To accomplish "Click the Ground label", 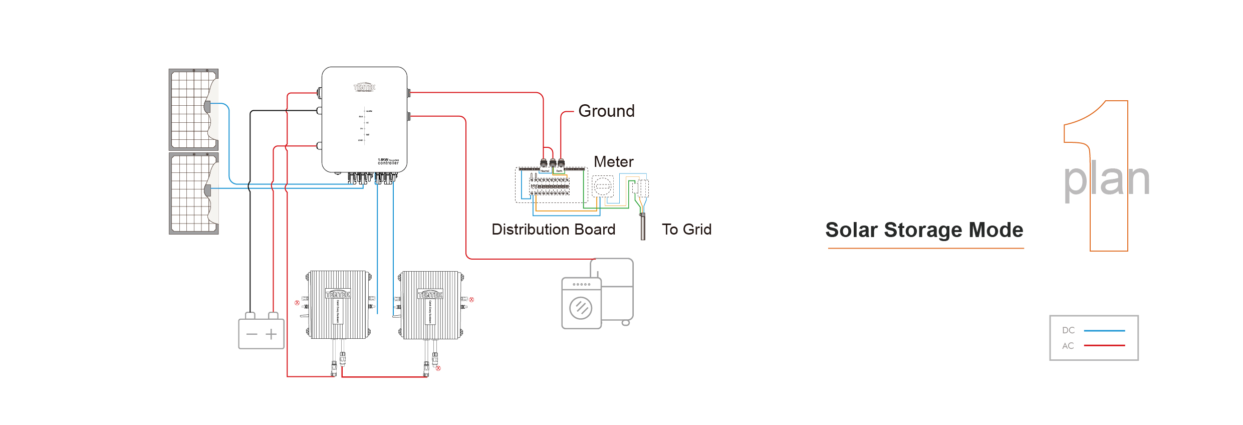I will pyautogui.click(x=606, y=111).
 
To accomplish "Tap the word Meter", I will pyautogui.click(x=613, y=162).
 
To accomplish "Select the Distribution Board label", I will pyautogui.click(x=553, y=229).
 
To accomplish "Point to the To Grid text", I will pyautogui.click(x=686, y=229).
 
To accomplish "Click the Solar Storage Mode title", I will pyautogui.click(x=924, y=230).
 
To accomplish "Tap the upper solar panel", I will pyautogui.click(x=190, y=109).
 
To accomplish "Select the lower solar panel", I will pyautogui.click(x=190, y=193).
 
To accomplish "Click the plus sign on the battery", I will pyautogui.click(x=271, y=334).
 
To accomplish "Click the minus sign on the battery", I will pyautogui.click(x=252, y=334).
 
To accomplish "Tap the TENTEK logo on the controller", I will pyautogui.click(x=364, y=87).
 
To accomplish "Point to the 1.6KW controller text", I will pyautogui.click(x=388, y=161).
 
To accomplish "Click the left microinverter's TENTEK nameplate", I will pyautogui.click(x=338, y=294).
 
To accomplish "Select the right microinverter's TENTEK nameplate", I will pyautogui.click(x=430, y=294).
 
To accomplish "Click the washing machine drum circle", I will pyautogui.click(x=581, y=308).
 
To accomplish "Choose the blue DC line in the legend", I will pyautogui.click(x=1104, y=331).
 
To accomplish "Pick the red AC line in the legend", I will pyautogui.click(x=1104, y=346).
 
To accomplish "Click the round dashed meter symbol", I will pyautogui.click(x=602, y=186).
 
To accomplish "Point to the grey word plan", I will pyautogui.click(x=1106, y=179).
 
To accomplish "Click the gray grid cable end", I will pyautogui.click(x=643, y=228).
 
